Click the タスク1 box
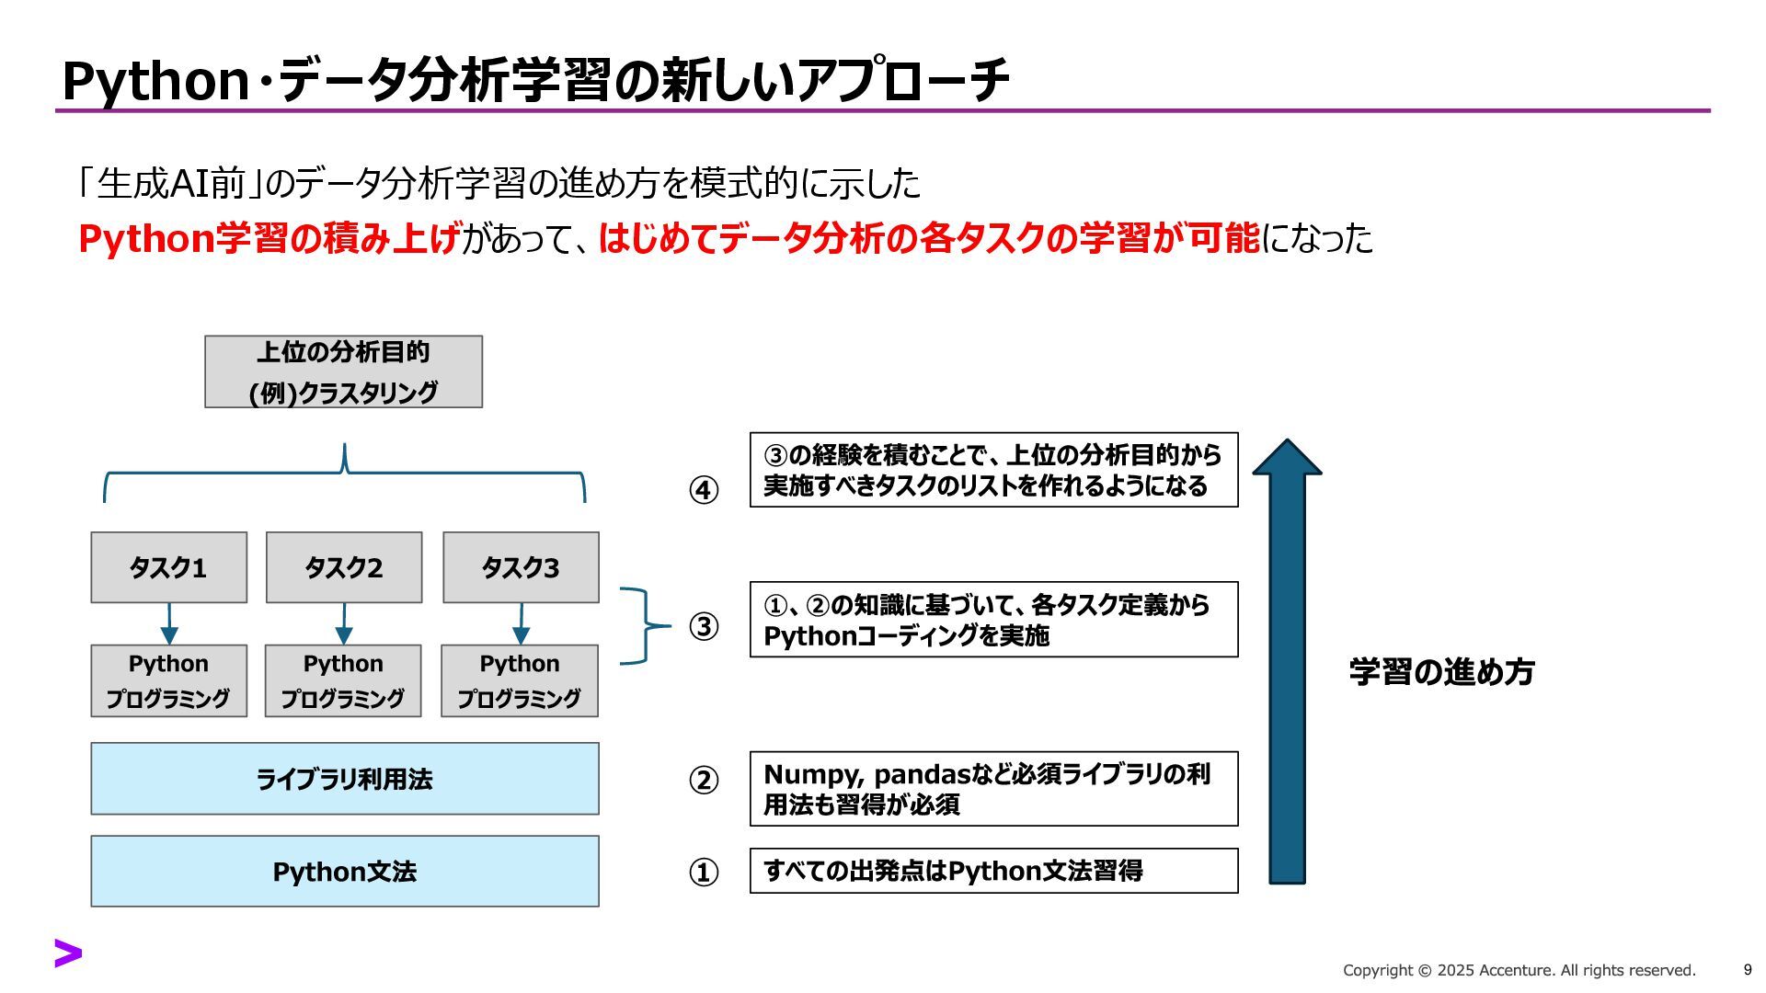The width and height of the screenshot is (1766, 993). (168, 567)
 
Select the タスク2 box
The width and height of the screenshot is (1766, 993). (344, 567)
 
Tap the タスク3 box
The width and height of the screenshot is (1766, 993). (521, 567)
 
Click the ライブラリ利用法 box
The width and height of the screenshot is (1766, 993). (344, 779)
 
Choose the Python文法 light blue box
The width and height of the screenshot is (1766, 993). (344, 872)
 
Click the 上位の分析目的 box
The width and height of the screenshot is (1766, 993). (343, 371)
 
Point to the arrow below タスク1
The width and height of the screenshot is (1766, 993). (169, 624)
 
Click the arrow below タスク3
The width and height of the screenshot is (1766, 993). (522, 624)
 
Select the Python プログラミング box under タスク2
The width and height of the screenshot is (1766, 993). (343, 680)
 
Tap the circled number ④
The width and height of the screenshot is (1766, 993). (704, 490)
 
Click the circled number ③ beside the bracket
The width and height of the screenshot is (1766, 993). (704, 626)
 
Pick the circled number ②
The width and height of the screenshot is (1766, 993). (704, 780)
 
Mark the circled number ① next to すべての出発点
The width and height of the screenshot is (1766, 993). (704, 872)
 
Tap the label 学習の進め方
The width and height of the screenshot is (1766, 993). (1441, 672)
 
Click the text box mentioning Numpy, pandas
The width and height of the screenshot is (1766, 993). (993, 789)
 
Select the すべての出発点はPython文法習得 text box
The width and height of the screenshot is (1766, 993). (993, 871)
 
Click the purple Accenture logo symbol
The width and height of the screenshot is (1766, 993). (68, 953)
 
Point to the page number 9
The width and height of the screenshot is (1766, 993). (1748, 969)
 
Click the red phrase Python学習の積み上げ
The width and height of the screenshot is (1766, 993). (269, 238)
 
